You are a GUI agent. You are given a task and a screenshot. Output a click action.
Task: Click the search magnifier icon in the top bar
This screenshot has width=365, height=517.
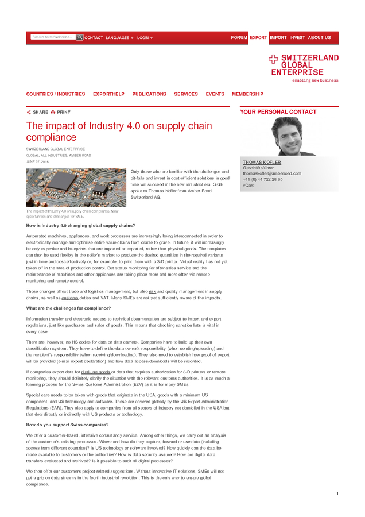(80, 37)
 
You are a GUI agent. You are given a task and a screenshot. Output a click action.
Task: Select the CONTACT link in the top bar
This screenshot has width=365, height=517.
(94, 38)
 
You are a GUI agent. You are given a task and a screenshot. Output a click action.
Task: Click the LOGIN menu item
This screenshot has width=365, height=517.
(144, 38)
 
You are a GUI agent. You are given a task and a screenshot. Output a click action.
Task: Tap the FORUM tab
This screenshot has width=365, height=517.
(239, 38)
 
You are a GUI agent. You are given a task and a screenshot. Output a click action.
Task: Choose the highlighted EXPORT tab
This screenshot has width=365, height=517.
(258, 38)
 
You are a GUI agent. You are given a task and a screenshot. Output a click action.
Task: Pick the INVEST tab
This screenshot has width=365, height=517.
(297, 38)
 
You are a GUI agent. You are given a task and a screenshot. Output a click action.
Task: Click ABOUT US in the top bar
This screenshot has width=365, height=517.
(319, 38)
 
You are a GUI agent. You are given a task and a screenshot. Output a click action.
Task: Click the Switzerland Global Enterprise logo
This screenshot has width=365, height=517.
(304, 68)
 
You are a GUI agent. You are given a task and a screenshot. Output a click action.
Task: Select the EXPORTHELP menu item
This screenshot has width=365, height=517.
(108, 94)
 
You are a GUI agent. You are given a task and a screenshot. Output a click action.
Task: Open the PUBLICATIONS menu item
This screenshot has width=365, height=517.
(149, 94)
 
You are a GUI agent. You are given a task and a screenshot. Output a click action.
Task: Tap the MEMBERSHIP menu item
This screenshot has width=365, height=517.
(247, 94)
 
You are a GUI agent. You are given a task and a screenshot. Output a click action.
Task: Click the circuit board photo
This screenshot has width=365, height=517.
(76, 187)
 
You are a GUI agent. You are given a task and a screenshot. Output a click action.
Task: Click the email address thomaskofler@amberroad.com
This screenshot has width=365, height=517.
(271, 173)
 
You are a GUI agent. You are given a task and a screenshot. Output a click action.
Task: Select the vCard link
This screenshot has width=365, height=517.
(248, 185)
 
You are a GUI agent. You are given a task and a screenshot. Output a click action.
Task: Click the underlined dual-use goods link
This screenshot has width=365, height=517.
(96, 372)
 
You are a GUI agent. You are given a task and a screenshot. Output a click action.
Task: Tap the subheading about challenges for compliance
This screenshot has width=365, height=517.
(68, 308)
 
